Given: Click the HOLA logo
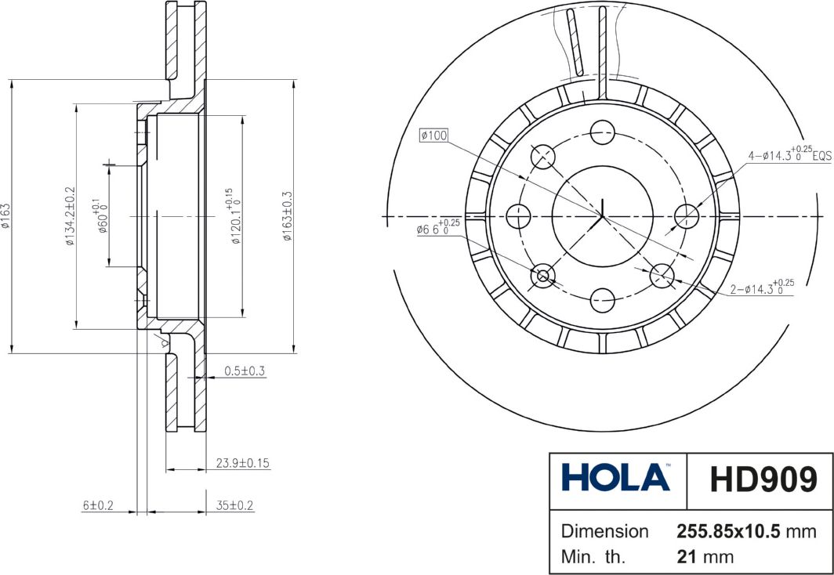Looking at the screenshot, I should click(x=615, y=477).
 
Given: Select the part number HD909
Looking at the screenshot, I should click(x=762, y=479).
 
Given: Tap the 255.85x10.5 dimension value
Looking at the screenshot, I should click(x=728, y=531).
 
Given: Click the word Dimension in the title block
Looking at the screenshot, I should click(x=604, y=531).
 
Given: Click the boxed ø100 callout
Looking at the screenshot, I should click(x=433, y=136).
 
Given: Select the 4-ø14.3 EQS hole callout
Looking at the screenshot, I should click(x=788, y=155).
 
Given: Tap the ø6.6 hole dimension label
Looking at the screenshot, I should click(x=437, y=230).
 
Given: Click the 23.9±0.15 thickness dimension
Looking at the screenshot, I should click(x=242, y=463).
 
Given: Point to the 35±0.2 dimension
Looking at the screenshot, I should click(x=235, y=506).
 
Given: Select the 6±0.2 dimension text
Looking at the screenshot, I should click(x=99, y=506).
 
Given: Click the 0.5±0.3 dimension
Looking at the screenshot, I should click(x=245, y=371).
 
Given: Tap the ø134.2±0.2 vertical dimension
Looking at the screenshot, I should click(x=70, y=216).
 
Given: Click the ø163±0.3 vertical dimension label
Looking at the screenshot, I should click(x=287, y=216).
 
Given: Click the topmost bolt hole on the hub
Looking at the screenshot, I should click(x=602, y=131).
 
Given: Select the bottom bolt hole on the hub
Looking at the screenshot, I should click(x=602, y=298).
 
